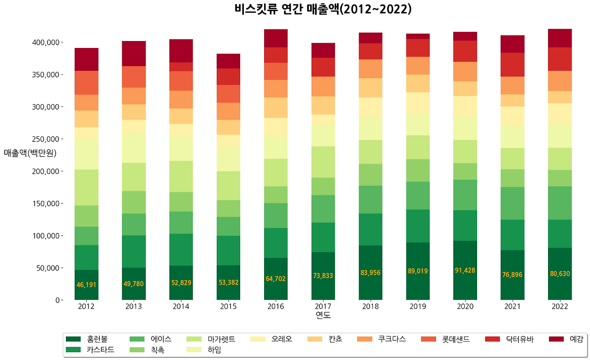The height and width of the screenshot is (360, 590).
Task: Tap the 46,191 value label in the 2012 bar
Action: [87, 284]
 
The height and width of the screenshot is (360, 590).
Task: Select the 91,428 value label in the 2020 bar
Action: [465, 270]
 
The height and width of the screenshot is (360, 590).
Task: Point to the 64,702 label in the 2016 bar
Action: [276, 278]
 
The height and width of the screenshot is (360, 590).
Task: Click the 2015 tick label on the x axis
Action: [229, 307]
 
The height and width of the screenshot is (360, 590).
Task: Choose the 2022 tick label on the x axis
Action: [560, 307]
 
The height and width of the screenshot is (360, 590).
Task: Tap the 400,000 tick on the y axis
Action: [47, 42]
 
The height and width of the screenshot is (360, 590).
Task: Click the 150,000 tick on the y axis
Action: [47, 204]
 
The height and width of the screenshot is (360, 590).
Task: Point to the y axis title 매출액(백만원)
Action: [30, 153]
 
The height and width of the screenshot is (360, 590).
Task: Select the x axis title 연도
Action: [323, 315]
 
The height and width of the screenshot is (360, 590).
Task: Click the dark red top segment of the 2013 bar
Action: [134, 53]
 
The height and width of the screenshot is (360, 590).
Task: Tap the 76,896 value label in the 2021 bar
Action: [513, 275]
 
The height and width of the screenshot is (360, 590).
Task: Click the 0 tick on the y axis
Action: [58, 300]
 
